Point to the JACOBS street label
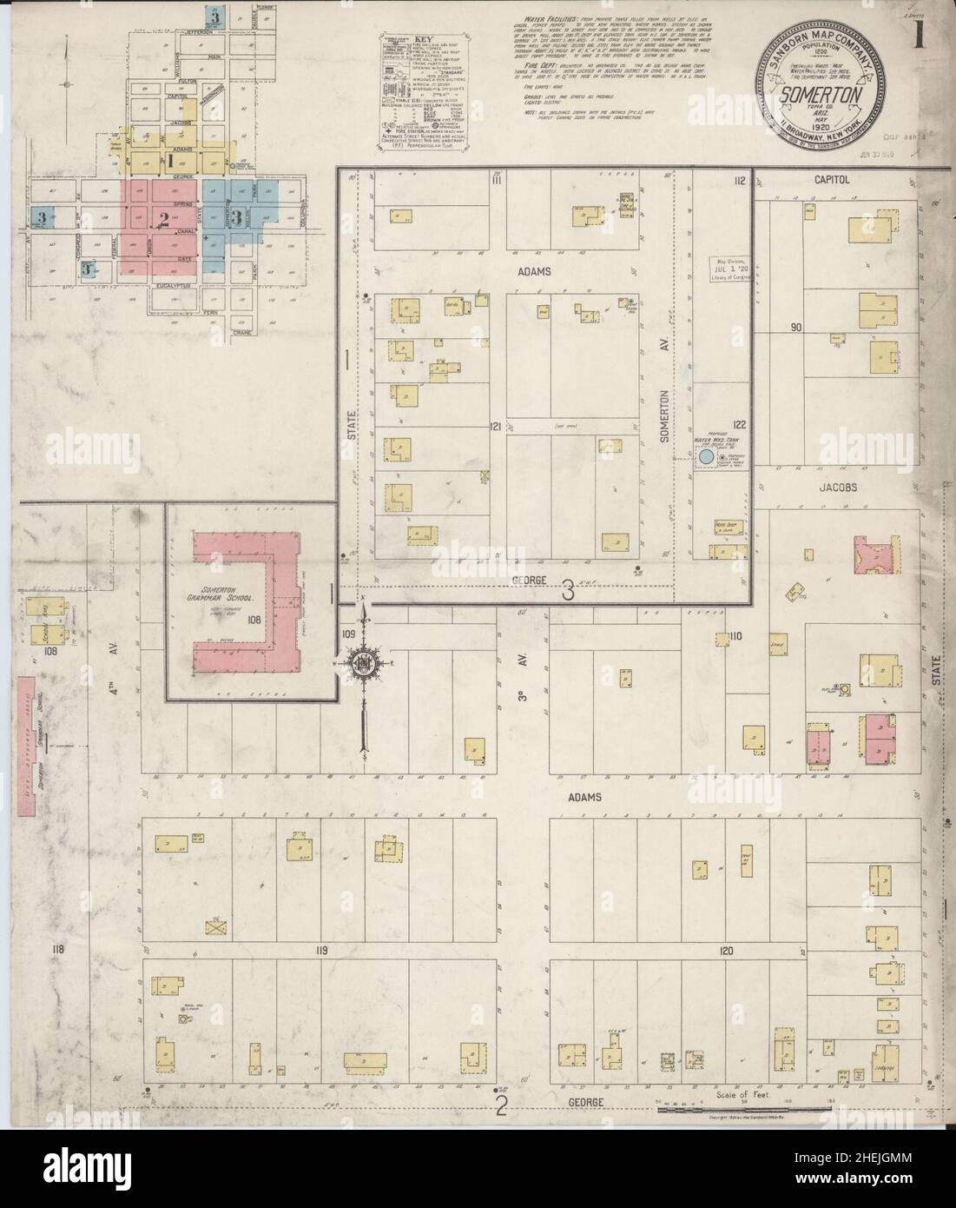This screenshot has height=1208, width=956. click(x=837, y=488)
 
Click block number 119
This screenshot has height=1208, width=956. click(x=321, y=952)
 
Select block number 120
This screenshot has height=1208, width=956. click(x=726, y=952)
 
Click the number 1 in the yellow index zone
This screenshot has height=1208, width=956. click(x=172, y=161)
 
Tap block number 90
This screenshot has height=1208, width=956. click(x=796, y=328)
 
